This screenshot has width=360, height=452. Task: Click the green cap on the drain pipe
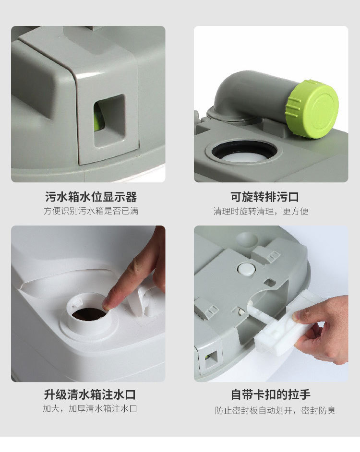coord(312,110)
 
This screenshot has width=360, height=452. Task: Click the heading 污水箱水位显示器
coord(91,197)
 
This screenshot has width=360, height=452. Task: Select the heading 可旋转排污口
coord(264,197)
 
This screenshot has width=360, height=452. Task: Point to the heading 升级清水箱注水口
coord(90,394)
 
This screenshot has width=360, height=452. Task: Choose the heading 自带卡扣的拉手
coord(271,394)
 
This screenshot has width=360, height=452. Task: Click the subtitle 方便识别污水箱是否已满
coord(91,211)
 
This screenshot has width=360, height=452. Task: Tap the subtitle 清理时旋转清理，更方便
coord(261,211)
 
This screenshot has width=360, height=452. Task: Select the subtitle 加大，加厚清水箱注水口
coord(90,408)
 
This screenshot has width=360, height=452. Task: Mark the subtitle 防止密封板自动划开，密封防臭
coord(275,410)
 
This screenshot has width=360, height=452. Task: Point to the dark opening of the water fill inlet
coord(88,314)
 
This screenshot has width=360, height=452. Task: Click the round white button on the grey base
coord(246,269)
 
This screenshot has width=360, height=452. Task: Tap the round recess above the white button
coord(246,240)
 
